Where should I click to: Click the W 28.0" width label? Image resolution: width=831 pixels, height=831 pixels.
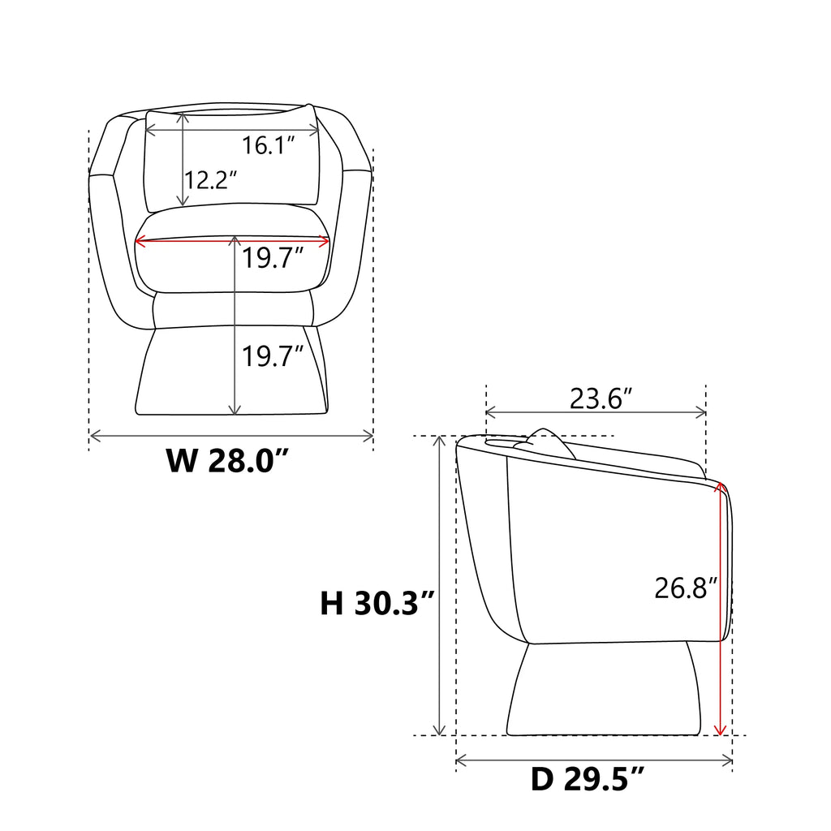(227, 460)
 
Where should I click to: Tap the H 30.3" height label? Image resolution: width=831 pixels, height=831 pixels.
(377, 603)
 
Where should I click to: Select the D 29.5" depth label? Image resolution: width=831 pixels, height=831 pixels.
(588, 779)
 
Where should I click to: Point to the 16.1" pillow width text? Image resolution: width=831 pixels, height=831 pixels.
(268, 145)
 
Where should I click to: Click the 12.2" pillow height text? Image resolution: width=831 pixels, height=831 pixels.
(210, 180)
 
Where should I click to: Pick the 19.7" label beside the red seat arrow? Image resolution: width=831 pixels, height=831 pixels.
(273, 258)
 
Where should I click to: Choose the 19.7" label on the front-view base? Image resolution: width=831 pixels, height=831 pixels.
(273, 355)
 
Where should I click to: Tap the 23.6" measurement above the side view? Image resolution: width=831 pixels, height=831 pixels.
(601, 398)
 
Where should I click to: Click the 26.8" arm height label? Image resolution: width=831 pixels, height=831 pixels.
(686, 588)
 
